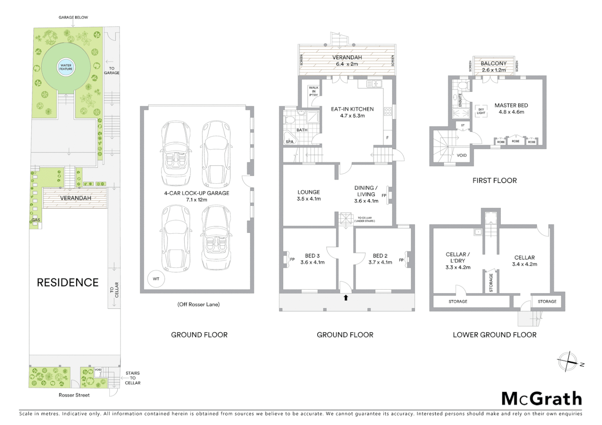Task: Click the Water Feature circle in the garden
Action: (x=66, y=67)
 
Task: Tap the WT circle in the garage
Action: (x=156, y=279)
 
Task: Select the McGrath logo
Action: (x=541, y=399)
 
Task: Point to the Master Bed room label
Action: (x=511, y=105)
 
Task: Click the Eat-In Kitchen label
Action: (x=352, y=109)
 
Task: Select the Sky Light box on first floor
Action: (x=481, y=111)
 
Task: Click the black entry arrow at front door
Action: (x=346, y=298)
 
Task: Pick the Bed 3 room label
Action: (x=312, y=256)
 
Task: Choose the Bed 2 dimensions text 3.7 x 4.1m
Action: (x=380, y=262)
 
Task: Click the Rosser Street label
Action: (x=74, y=395)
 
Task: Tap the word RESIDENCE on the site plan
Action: (x=67, y=283)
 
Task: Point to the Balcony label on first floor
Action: (x=493, y=63)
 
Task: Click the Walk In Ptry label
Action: (x=314, y=91)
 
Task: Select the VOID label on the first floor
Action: (x=461, y=155)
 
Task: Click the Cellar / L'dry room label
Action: (x=457, y=257)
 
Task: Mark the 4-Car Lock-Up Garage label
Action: (x=197, y=193)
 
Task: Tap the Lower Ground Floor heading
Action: (x=494, y=335)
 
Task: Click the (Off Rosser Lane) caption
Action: (x=199, y=304)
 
